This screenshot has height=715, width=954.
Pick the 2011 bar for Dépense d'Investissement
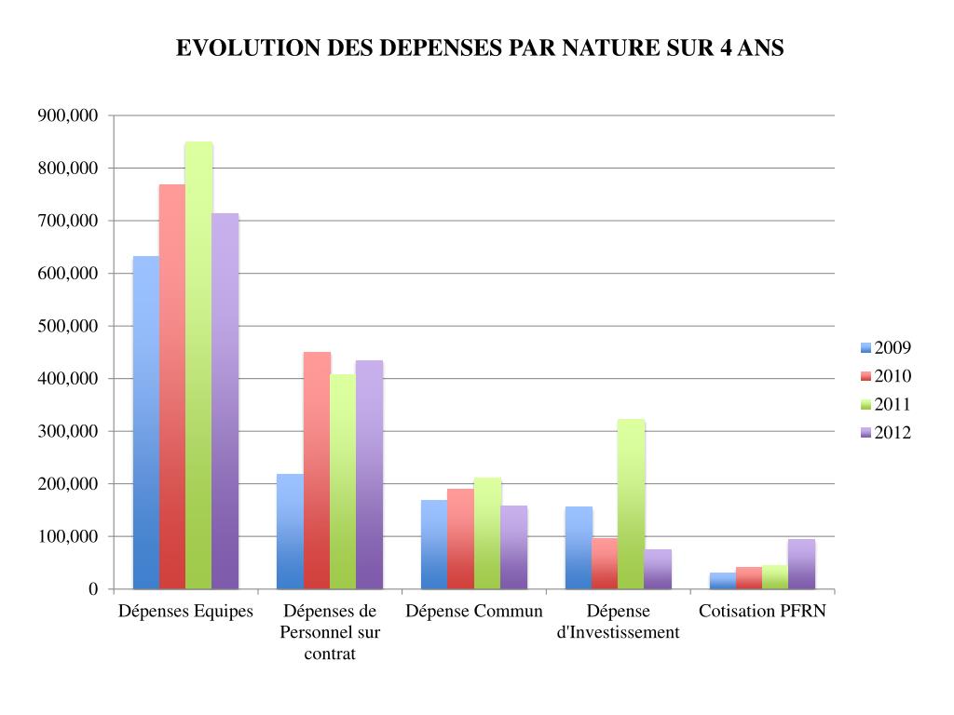(x=631, y=504)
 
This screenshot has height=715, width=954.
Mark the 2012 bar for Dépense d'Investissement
(x=658, y=569)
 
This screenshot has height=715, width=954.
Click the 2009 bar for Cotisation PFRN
(x=723, y=581)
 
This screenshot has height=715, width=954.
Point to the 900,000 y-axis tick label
(x=67, y=115)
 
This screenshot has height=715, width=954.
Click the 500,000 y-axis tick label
(x=67, y=326)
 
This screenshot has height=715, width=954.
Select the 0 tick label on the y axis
(x=92, y=589)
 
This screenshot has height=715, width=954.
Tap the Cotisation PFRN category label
(x=762, y=612)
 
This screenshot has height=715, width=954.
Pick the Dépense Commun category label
(x=473, y=612)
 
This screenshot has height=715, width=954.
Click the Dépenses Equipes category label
(x=185, y=612)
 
